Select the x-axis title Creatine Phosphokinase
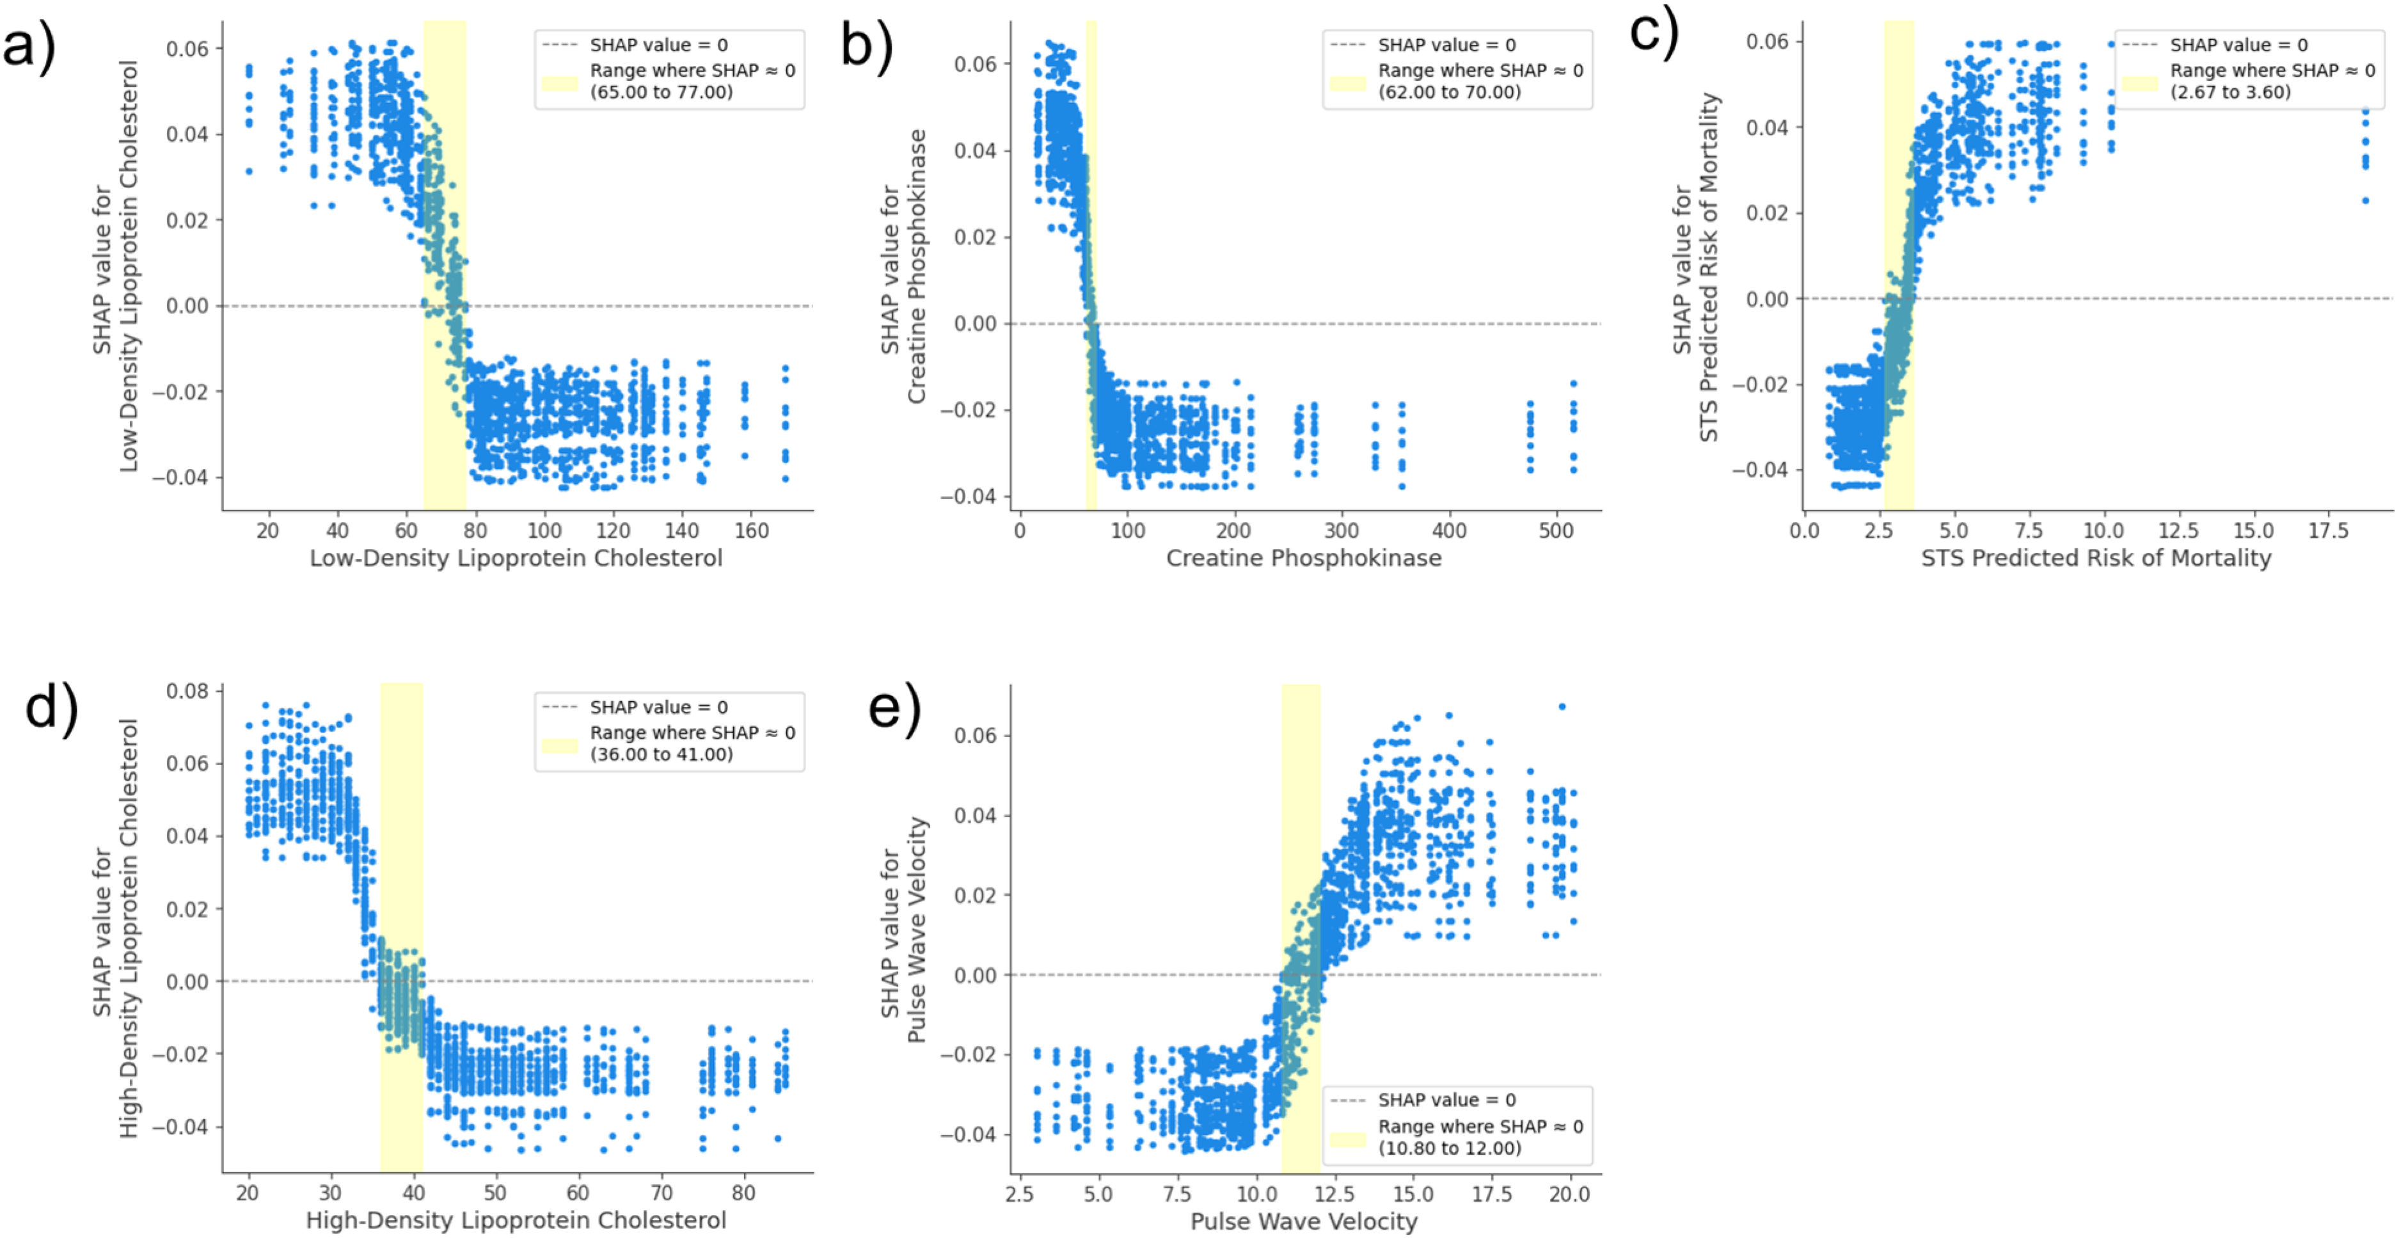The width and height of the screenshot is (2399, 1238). click(1304, 558)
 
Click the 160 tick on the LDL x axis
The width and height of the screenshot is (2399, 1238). click(752, 531)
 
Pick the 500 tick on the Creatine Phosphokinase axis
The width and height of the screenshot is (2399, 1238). click(1556, 531)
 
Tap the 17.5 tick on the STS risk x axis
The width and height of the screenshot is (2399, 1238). click(2328, 531)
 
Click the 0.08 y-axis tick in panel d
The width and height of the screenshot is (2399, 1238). click(187, 690)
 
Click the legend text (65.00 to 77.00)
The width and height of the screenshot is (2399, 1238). click(661, 92)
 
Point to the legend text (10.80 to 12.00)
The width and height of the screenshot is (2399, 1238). click(1450, 1148)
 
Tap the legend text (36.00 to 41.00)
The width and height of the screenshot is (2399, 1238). click(661, 754)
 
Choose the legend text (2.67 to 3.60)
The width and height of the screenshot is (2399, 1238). click(2231, 92)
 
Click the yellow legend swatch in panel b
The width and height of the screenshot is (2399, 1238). click(1347, 83)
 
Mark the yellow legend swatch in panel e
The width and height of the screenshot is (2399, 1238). click(1347, 1139)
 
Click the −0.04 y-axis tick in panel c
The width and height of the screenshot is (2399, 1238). click(1759, 470)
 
